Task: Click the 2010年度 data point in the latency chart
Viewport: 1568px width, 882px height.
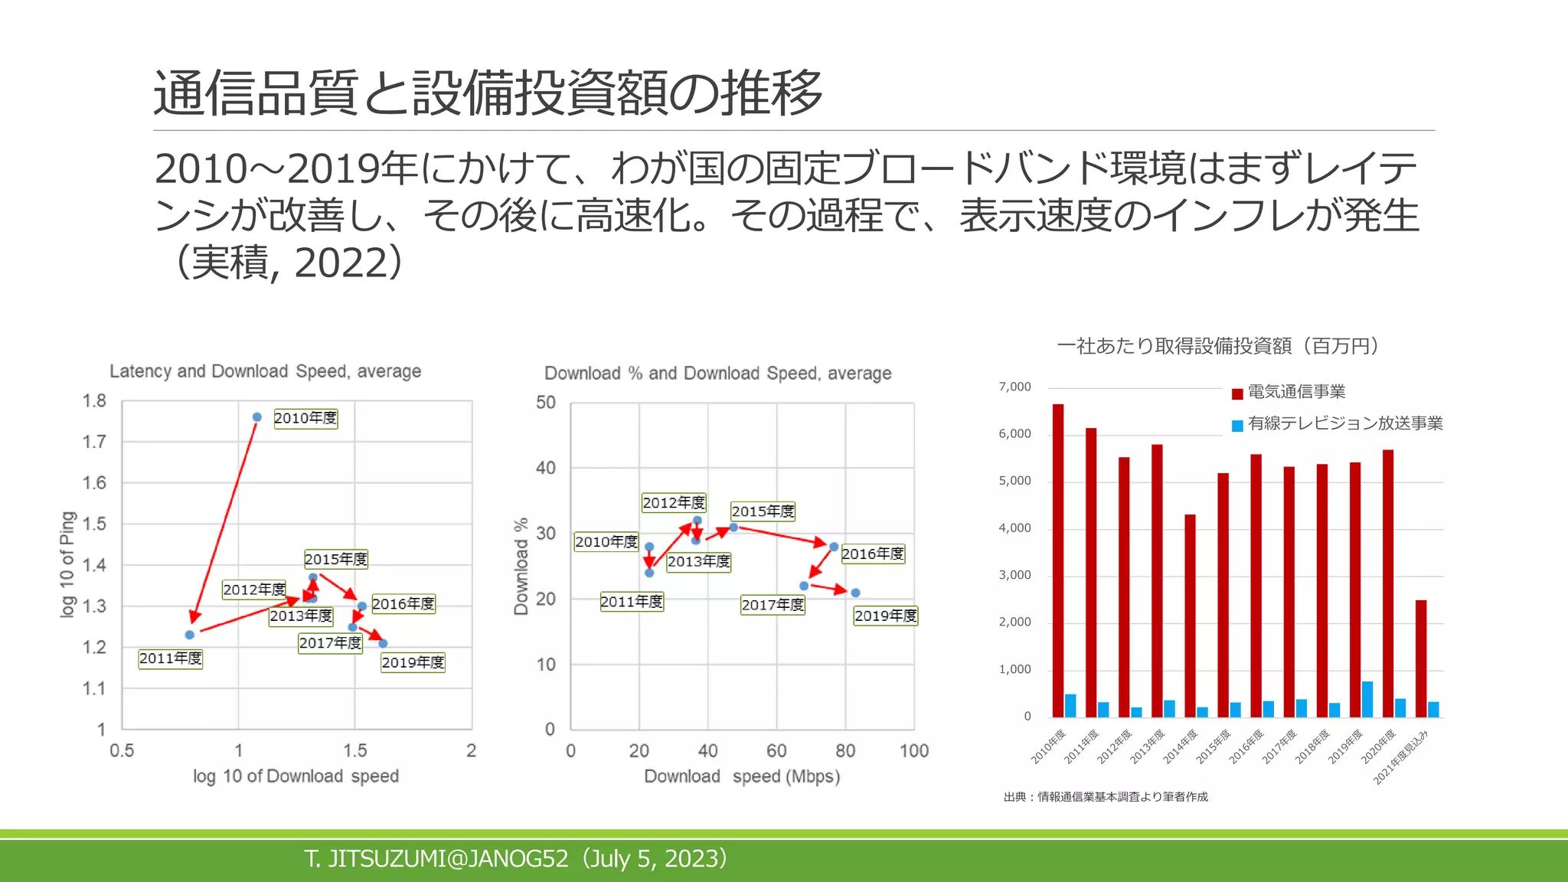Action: tap(257, 417)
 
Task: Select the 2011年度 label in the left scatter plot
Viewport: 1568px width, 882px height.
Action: tap(171, 658)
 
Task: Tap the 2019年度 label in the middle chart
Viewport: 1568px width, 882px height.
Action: tap(885, 616)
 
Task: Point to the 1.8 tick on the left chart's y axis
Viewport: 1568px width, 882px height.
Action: tap(94, 401)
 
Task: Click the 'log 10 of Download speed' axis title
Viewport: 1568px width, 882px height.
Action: tap(296, 776)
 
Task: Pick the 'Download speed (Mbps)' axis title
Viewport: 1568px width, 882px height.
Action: tap(742, 776)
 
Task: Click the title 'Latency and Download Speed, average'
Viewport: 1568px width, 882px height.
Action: tap(265, 371)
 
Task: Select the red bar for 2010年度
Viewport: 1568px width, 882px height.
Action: tap(1058, 559)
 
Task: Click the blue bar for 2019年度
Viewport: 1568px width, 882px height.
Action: tap(1367, 699)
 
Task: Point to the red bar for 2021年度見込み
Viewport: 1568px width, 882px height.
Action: tap(1421, 658)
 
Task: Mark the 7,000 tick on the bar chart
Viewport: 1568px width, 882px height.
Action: tap(1014, 387)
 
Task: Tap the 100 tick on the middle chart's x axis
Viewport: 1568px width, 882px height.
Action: tap(914, 751)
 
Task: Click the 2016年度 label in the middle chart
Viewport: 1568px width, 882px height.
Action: tap(873, 554)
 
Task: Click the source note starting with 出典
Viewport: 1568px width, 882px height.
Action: tap(1106, 797)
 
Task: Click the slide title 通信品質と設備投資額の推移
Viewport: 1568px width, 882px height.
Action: tap(488, 93)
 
